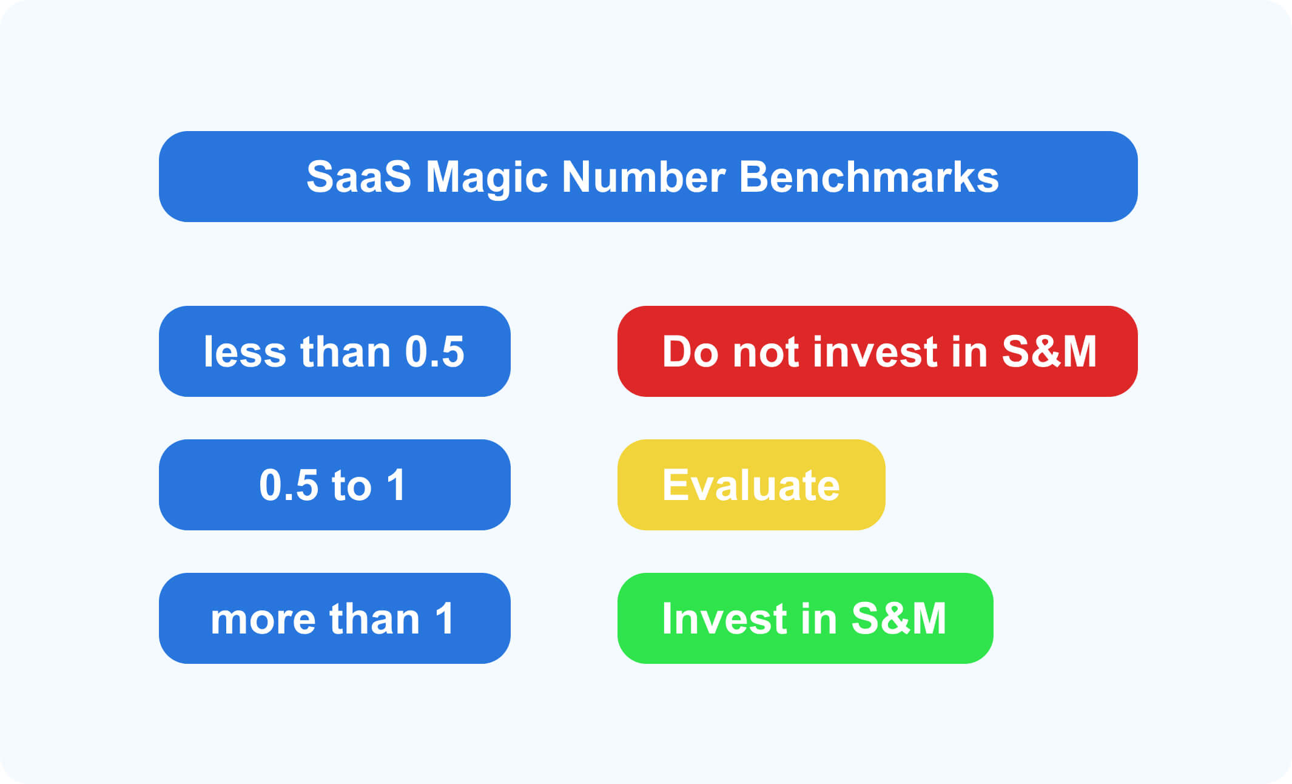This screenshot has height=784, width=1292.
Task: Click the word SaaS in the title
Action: pos(358,177)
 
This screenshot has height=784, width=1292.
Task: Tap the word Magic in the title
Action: pos(487,177)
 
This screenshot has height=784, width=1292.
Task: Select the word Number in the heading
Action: pos(643,177)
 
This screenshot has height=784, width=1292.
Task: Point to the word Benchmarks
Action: pos(869,177)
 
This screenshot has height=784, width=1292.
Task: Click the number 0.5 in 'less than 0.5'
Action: pos(434,352)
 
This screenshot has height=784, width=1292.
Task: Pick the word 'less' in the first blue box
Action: pos(244,352)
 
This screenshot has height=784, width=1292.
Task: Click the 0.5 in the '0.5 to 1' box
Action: pos(289,485)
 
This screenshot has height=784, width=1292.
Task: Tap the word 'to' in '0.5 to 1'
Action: pos(351,485)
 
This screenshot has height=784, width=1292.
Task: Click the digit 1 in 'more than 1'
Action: pos(445,619)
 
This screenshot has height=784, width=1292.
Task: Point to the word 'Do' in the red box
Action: pos(690,352)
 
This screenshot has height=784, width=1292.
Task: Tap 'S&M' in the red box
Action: pos(1049,352)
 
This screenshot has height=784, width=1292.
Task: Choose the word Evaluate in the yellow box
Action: pos(751,485)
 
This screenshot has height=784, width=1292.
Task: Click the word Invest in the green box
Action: pos(724,619)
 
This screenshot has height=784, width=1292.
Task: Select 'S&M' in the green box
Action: pos(899,619)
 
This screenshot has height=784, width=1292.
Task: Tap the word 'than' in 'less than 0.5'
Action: pos(346,352)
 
